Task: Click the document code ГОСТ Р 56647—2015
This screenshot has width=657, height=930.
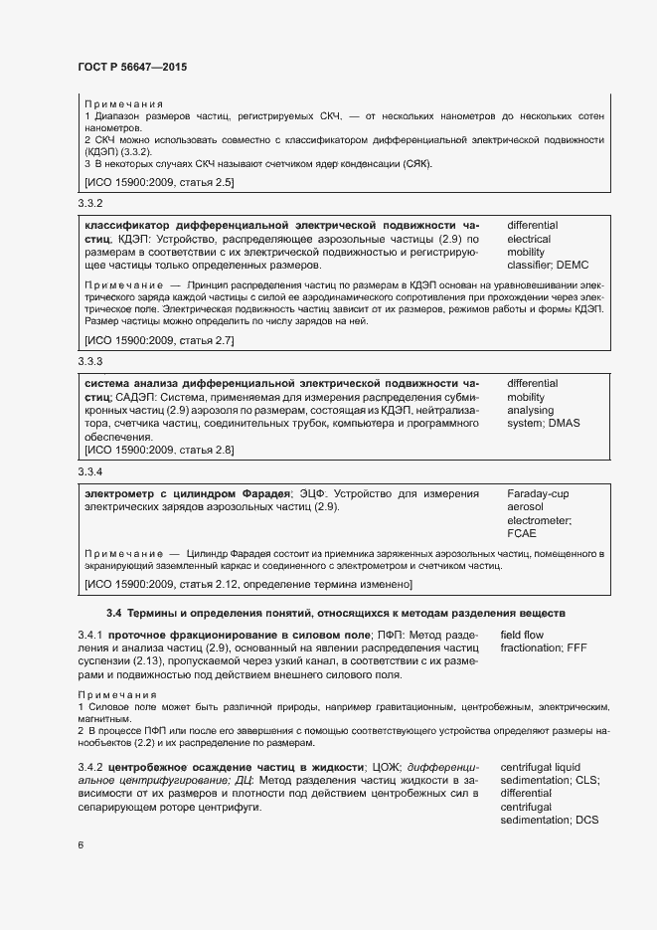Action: (132, 67)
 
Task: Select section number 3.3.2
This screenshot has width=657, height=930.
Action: (90, 203)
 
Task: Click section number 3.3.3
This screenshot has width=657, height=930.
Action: (90, 361)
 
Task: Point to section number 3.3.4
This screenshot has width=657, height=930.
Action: (90, 470)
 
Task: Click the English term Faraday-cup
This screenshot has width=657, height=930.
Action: (537, 492)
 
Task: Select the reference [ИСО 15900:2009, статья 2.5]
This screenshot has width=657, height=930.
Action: (159, 182)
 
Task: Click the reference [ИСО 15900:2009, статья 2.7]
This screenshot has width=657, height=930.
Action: (159, 340)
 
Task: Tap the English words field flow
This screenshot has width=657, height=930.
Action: (524, 634)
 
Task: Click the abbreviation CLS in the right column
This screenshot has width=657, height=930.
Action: (586, 781)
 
